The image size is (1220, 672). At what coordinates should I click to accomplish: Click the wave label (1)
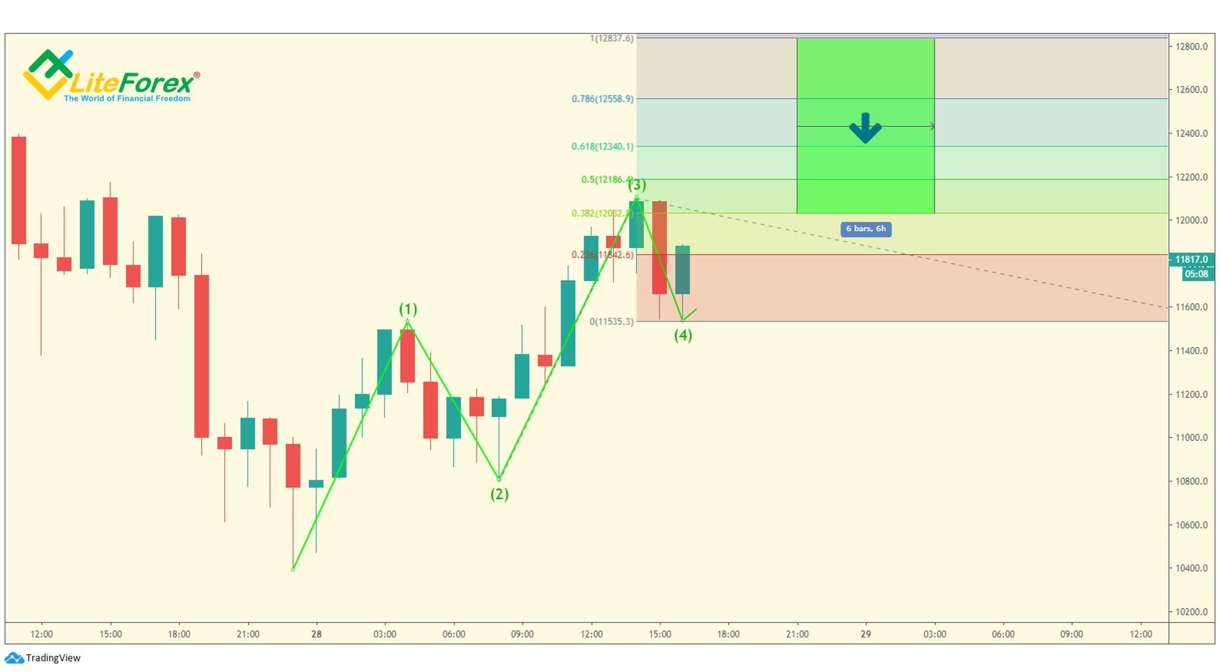pos(408,309)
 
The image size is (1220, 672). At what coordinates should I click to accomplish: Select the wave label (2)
pos(499,494)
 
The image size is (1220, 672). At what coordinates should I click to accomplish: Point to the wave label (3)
pos(637,185)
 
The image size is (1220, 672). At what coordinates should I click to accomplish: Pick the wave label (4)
pos(683,335)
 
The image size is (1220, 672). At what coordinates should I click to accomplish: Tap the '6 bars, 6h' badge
pos(865,229)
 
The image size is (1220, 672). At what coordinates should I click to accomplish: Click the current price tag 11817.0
pos(1191,259)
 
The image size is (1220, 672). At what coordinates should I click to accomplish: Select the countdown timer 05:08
pos(1196,274)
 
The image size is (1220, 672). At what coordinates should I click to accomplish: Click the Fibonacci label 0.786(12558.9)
pos(602,99)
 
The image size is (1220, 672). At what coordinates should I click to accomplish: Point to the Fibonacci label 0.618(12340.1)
pos(602,146)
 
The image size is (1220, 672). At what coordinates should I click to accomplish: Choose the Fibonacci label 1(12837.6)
pos(612,38)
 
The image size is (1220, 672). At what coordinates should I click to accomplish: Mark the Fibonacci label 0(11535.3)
pos(612,321)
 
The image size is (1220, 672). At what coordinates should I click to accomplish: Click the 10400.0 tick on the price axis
pos(1191,568)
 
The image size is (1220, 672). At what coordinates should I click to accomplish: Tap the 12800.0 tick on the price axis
pos(1191,47)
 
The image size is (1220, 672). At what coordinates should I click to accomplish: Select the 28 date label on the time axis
pos(316,634)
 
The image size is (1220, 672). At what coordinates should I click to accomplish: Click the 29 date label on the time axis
pos(865,634)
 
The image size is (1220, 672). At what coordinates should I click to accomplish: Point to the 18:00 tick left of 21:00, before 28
pos(179,634)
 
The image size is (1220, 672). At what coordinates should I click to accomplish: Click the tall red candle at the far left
pos(19,190)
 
